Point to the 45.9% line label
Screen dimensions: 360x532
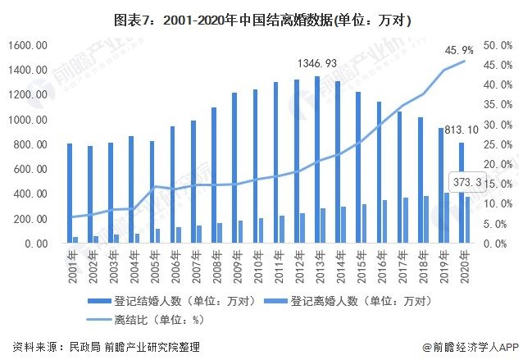point(459,50)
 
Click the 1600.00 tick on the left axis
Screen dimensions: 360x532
point(30,45)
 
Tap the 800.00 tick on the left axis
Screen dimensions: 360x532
point(32,144)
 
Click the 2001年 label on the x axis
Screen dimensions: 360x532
point(73,264)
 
